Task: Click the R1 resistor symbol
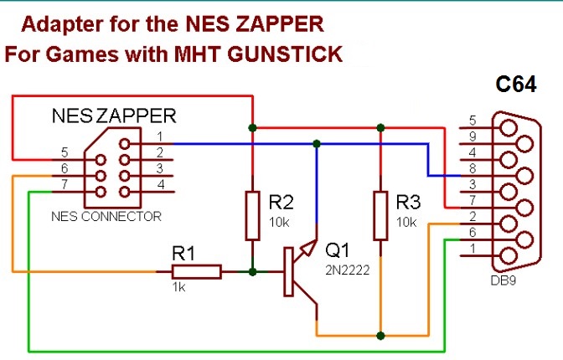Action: pyautogui.click(x=196, y=272)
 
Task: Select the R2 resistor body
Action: pyautogui.click(x=252, y=216)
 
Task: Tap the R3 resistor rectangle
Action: pyautogui.click(x=380, y=216)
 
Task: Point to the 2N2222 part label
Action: pyautogui.click(x=347, y=270)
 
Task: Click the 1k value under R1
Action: pyautogui.click(x=178, y=287)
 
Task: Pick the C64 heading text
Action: pyautogui.click(x=516, y=85)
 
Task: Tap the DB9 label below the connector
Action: pyautogui.click(x=503, y=280)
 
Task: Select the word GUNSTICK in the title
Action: pyautogui.click(x=285, y=54)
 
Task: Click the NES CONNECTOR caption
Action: pyautogui.click(x=106, y=217)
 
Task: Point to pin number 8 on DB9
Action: pyautogui.click(x=473, y=168)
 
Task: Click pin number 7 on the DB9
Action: pyautogui.click(x=473, y=200)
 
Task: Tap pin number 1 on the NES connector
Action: pyautogui.click(x=160, y=136)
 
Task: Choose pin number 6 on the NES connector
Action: pyautogui.click(x=65, y=168)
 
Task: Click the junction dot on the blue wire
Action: pyautogui.click(x=317, y=144)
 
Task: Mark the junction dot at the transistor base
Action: pyautogui.click(x=252, y=272)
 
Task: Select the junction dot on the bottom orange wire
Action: pyautogui.click(x=380, y=336)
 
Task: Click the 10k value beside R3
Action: pyautogui.click(x=406, y=222)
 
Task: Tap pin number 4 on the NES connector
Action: pyautogui.click(x=161, y=184)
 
